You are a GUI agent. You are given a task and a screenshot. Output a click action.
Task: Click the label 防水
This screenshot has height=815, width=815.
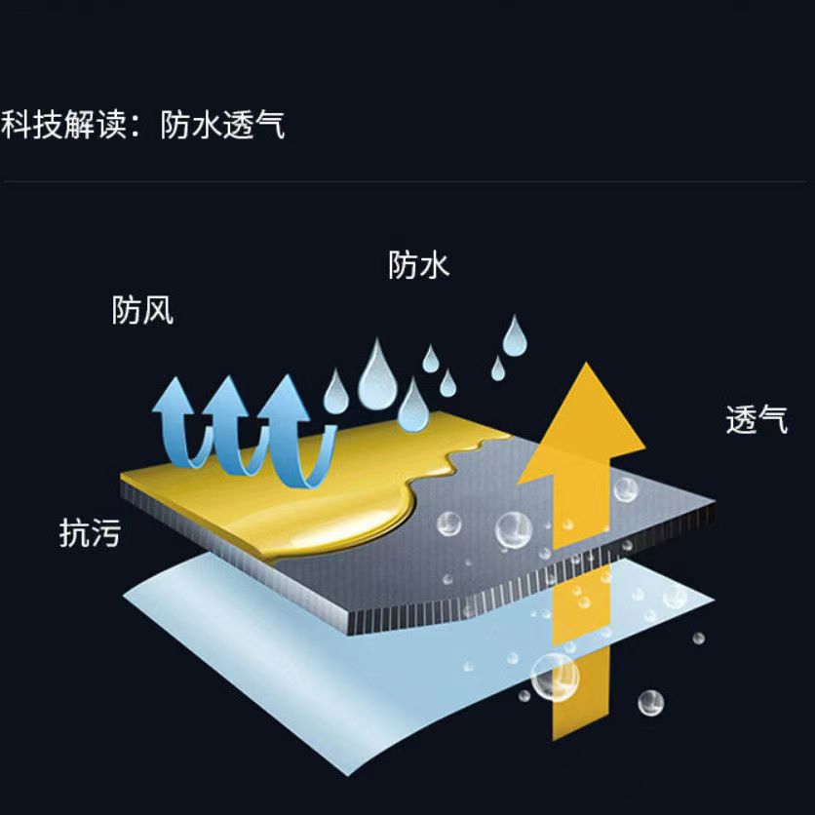pos(419,264)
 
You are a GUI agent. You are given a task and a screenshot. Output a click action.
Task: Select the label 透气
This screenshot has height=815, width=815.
pos(757,419)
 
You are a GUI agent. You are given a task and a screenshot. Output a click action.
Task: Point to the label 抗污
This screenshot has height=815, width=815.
pos(90,532)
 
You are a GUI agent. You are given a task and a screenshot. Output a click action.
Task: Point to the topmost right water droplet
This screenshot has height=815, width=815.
pos(514,337)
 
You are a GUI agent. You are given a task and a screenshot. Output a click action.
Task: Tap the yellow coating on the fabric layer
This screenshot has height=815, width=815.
pos(292,487)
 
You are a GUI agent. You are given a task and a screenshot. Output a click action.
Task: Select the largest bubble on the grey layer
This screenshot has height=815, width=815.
pos(512,529)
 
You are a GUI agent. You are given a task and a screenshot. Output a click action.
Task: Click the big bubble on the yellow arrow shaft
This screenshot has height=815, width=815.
pos(555,676)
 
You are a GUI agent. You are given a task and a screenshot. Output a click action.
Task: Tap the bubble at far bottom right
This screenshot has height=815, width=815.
pos(650,702)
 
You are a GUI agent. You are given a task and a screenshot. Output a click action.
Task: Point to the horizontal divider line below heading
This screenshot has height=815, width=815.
pos(407,182)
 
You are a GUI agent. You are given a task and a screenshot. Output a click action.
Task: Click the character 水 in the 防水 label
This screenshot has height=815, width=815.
pos(435,264)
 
